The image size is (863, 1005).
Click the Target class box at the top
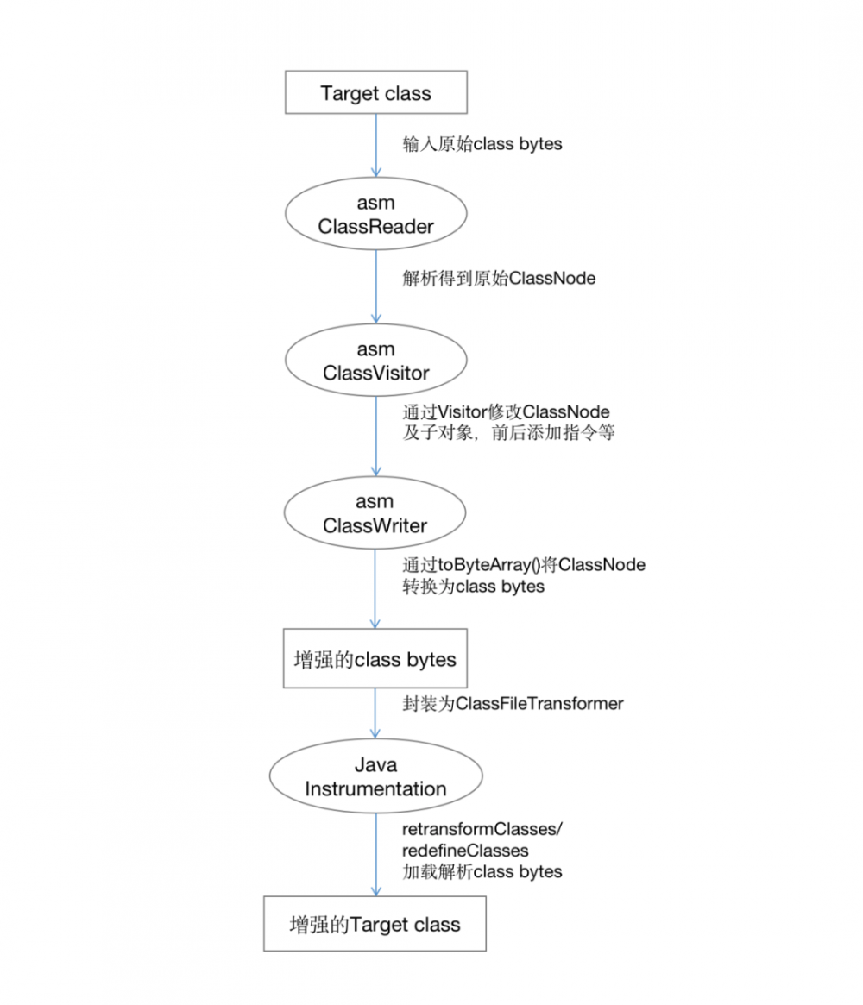[x=375, y=93]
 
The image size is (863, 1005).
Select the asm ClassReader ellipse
[x=375, y=215]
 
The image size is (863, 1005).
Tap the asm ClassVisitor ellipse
[x=375, y=361]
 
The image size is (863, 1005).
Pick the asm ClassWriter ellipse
[x=375, y=513]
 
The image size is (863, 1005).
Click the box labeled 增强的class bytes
[x=375, y=659]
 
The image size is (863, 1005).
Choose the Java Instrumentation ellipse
[x=375, y=777]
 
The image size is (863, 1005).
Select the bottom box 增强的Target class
[x=375, y=924]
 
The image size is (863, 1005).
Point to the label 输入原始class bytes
[x=482, y=144]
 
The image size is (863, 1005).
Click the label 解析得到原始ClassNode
[x=499, y=279]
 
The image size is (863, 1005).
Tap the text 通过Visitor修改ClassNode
[x=507, y=411]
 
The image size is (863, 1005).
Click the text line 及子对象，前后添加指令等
[x=508, y=433]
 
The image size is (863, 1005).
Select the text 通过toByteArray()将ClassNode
[x=523, y=565]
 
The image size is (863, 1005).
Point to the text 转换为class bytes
[x=473, y=587]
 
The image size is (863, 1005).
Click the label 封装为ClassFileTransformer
[x=513, y=704]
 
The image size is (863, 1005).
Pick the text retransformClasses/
[x=482, y=829]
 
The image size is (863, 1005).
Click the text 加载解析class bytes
[x=482, y=872]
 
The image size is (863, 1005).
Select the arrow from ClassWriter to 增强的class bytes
[x=376, y=587]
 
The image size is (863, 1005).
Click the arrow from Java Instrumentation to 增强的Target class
[x=376, y=854]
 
